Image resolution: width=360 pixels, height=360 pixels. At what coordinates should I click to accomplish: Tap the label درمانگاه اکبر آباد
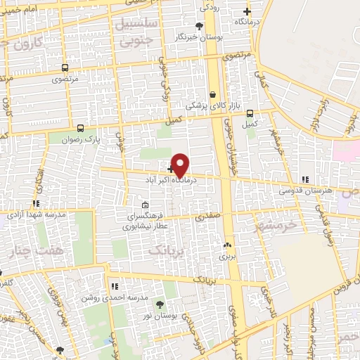click(x=160, y=179)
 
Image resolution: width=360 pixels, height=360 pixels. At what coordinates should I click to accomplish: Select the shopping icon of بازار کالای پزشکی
click(x=212, y=94)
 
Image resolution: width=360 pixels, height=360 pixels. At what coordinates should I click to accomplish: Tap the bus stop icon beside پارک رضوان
click(x=81, y=128)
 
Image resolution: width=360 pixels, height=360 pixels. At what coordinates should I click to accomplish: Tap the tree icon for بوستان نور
click(x=160, y=304)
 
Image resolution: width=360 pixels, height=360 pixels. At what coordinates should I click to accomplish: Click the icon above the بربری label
click(x=227, y=245)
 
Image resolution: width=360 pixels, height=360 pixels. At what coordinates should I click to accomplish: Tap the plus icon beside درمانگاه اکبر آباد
click(x=171, y=169)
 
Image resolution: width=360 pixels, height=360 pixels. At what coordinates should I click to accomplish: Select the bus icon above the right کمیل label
click(x=250, y=112)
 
